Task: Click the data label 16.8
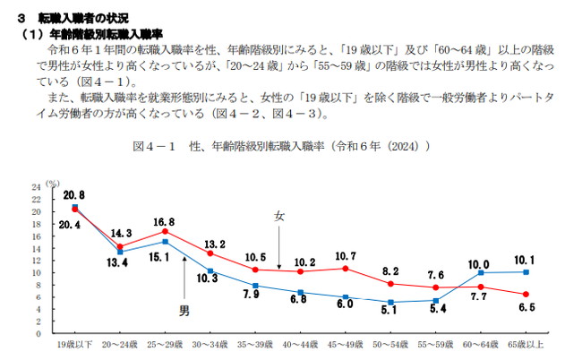(163, 221)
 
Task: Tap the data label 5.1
(388, 312)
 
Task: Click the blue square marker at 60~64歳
(481, 272)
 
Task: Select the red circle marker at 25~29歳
(165, 231)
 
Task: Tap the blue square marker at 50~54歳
(390, 302)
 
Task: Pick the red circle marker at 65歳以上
(526, 294)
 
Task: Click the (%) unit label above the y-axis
(53, 183)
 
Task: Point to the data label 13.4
(118, 263)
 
